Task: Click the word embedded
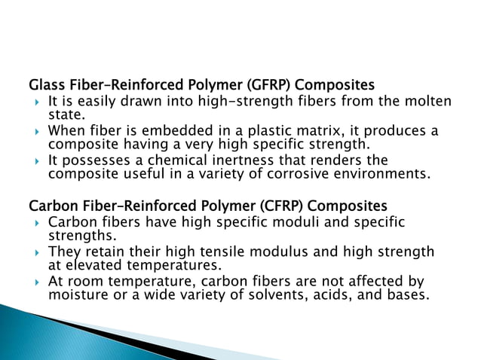(182, 131)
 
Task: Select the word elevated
(93, 264)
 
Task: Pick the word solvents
(280, 294)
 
